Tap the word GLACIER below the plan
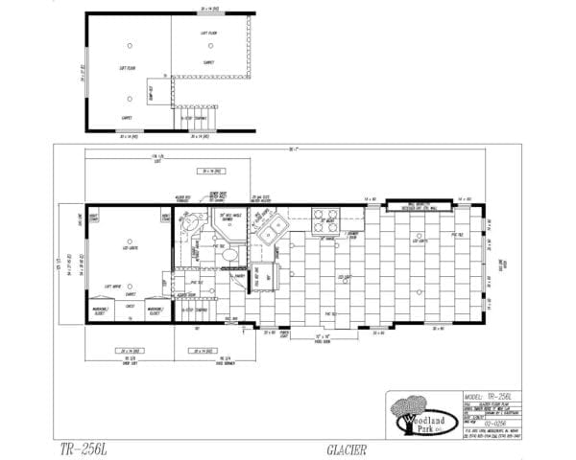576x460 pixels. [x=343, y=448]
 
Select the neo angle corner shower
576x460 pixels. [x=188, y=227]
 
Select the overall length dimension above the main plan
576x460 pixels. [x=289, y=149]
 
